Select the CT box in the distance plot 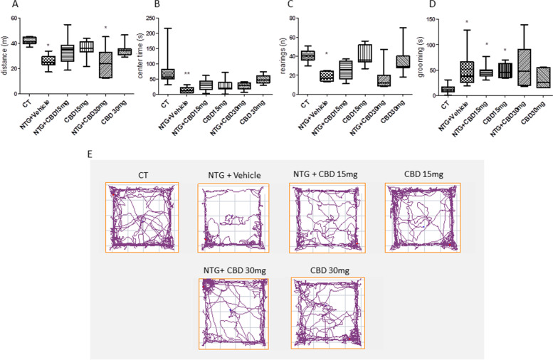[x=30, y=40]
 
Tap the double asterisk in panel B [x=187, y=74]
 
